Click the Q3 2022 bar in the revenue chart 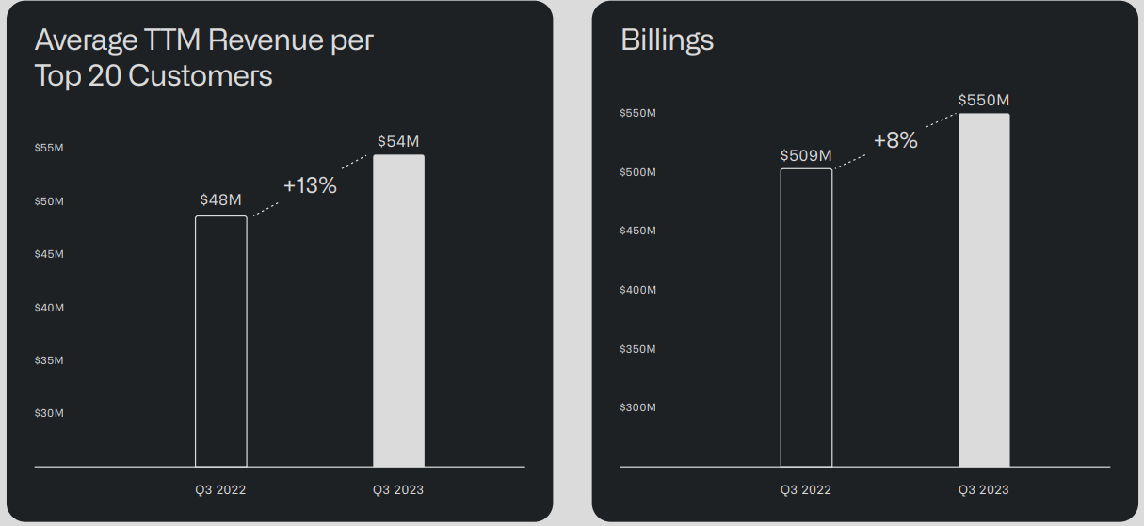click(x=221, y=341)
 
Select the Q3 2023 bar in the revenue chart click(x=398, y=311)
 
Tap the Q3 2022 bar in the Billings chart click(x=806, y=317)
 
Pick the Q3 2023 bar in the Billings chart click(x=984, y=290)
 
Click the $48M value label click(x=221, y=199)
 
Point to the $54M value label click(x=398, y=141)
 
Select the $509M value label click(x=806, y=155)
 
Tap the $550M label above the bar click(x=984, y=100)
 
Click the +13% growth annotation click(x=310, y=185)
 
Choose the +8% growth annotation click(x=895, y=140)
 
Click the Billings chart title click(x=668, y=40)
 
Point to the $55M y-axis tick click(x=49, y=149)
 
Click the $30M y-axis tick click(x=49, y=413)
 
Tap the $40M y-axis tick click(x=49, y=308)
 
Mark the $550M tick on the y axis click(x=637, y=113)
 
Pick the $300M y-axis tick click(x=637, y=407)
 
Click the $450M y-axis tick click(x=637, y=231)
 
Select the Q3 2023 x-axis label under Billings click(x=984, y=489)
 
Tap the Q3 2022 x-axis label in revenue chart click(x=220, y=489)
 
